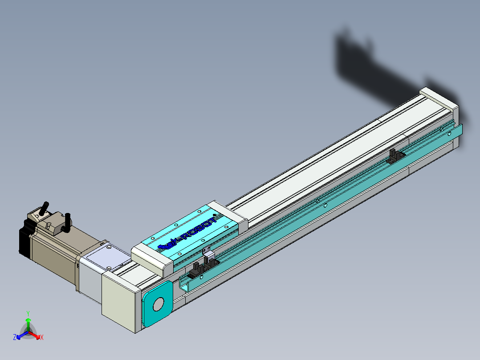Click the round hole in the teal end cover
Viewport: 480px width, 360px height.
158,305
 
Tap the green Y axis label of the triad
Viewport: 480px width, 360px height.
28,313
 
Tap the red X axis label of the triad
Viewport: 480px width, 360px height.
41,338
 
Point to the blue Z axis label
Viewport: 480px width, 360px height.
14,338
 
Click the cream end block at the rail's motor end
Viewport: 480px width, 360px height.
118,300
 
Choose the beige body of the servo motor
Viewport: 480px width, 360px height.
53,254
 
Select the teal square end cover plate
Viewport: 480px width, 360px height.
157,303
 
